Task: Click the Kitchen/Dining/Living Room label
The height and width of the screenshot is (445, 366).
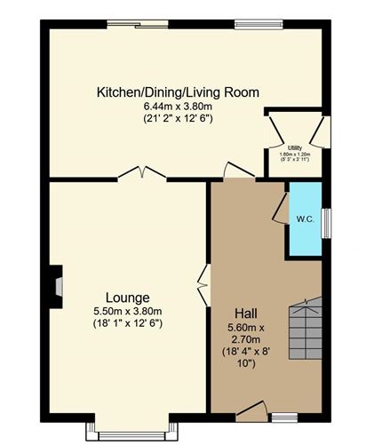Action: point(178,91)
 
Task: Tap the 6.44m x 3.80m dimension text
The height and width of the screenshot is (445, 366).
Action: point(178,106)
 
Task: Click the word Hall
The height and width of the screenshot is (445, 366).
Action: point(246,313)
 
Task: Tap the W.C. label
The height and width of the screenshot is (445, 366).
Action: point(304,218)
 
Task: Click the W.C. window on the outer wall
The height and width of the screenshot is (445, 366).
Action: point(325,219)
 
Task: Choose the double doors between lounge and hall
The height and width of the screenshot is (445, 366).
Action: point(203,285)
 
